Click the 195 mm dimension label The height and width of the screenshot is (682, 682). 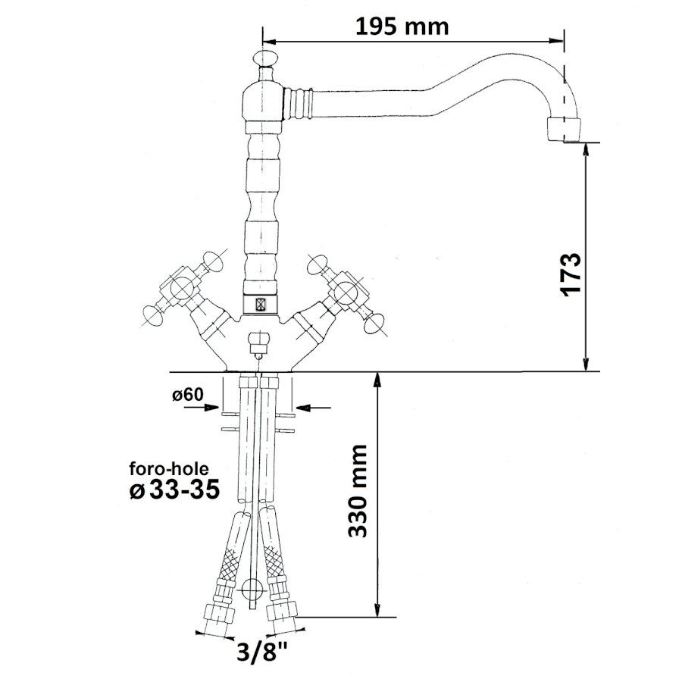point(402,27)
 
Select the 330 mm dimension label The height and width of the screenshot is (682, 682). point(358,490)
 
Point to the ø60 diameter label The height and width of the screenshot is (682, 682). point(188,395)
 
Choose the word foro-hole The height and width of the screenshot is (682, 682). point(169,468)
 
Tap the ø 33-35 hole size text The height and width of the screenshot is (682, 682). point(174,490)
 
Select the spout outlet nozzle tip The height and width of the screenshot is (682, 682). point(563,130)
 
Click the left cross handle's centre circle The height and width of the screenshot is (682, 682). point(182,288)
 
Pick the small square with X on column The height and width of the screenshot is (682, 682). point(261,304)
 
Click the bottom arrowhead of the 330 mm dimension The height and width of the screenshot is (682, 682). point(377,609)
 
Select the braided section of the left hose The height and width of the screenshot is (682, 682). point(229,565)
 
